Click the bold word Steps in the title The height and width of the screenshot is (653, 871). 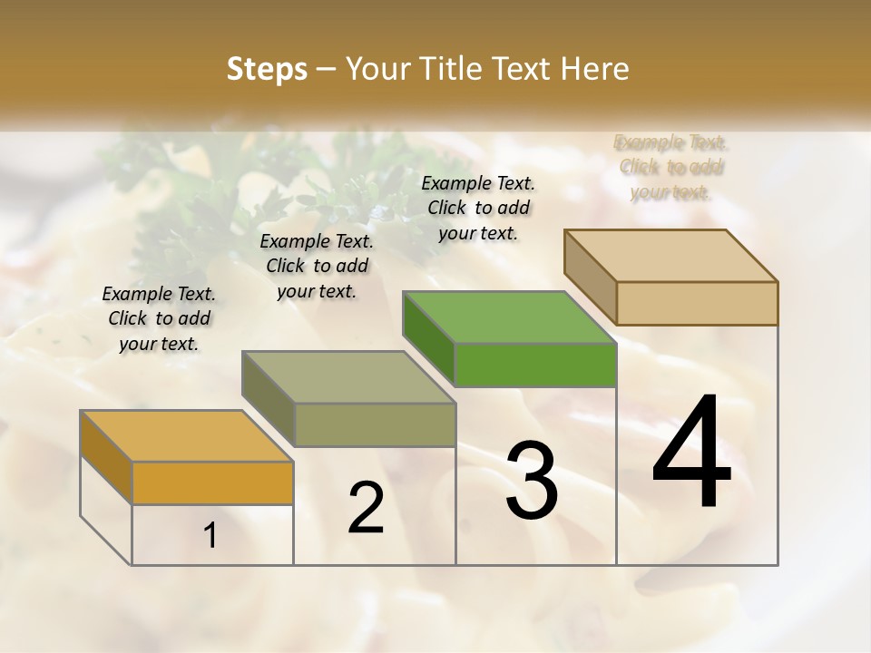point(267,69)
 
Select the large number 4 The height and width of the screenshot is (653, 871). point(691,453)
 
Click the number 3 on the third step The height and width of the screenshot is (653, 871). point(531,481)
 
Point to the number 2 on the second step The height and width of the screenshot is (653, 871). point(366,508)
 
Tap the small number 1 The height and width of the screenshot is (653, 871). point(210,535)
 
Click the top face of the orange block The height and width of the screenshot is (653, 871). point(186,435)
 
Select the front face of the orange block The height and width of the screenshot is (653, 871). point(212,482)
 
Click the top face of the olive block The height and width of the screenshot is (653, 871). point(347,376)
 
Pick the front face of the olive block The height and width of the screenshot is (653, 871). point(375,424)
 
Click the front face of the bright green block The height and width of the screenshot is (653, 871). point(535,365)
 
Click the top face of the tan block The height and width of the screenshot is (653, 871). point(670,255)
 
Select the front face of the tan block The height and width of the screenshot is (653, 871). point(697,303)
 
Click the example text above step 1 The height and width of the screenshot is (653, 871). point(159,318)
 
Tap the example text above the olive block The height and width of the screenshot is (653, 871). point(317,266)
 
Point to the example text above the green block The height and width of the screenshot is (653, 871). point(478,208)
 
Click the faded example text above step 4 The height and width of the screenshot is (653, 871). point(671,167)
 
